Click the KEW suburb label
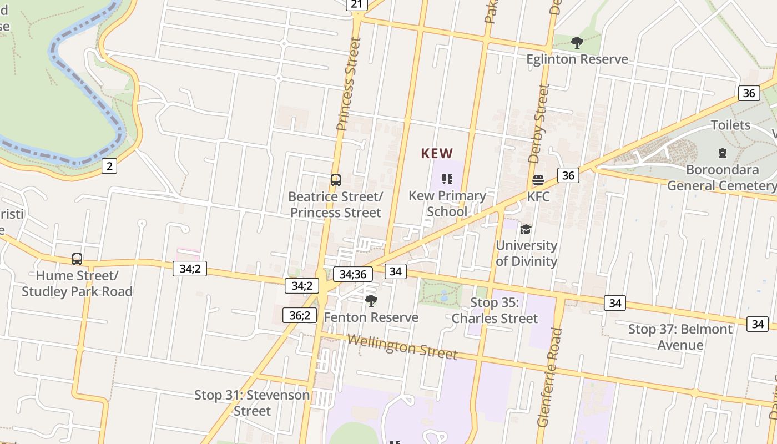437,153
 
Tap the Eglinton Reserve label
577,59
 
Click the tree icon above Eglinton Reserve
577,42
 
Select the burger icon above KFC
538,180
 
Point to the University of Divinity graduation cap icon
526,229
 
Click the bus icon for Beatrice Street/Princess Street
335,180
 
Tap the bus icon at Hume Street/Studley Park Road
77,259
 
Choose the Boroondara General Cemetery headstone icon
723,153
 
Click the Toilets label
730,125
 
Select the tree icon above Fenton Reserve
371,301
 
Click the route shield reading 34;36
352,274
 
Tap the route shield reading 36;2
300,315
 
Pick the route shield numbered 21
356,4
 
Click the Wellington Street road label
402,346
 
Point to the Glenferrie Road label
550,377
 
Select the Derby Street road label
539,123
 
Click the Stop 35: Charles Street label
495,311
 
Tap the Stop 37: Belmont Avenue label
680,337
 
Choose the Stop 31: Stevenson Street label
252,403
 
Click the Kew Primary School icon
447,179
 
